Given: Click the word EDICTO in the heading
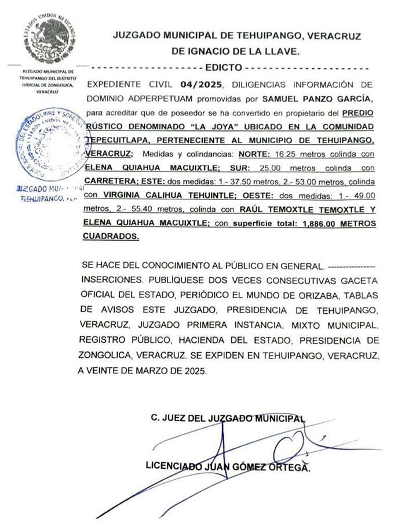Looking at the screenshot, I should tap(224, 68).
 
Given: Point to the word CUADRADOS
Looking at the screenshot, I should tap(112, 237).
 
